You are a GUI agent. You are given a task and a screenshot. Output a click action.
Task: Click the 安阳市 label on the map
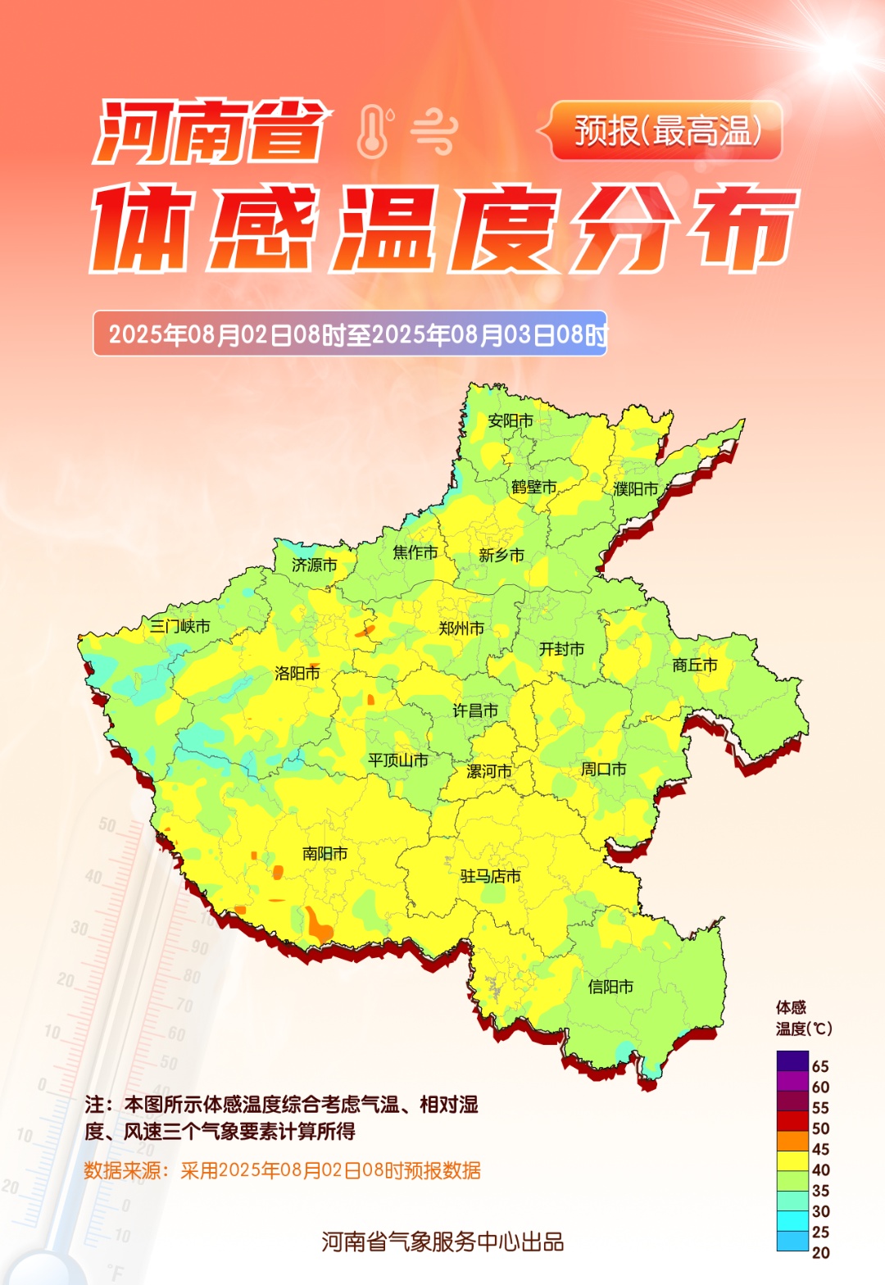click(x=511, y=421)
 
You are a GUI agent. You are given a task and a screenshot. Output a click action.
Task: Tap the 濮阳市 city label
click(x=636, y=489)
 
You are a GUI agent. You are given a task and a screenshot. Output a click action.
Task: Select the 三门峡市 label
click(x=180, y=627)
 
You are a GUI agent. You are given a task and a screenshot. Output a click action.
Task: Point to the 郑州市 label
click(x=461, y=629)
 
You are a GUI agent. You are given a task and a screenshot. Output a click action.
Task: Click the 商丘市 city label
click(x=695, y=665)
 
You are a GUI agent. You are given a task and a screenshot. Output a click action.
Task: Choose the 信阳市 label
click(x=610, y=988)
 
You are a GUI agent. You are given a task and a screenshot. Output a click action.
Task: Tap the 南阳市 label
click(x=324, y=854)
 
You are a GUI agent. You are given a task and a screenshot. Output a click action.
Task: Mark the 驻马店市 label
click(x=490, y=877)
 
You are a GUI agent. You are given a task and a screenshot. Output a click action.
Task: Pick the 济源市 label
click(x=315, y=565)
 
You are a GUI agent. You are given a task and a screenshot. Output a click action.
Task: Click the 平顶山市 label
click(x=398, y=761)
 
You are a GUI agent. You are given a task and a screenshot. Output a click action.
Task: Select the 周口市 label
click(x=604, y=770)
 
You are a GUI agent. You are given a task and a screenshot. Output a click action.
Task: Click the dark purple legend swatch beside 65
click(x=792, y=1061)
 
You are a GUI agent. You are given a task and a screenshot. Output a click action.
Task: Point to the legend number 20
click(x=820, y=1253)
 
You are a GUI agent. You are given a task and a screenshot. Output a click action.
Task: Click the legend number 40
click(x=820, y=1170)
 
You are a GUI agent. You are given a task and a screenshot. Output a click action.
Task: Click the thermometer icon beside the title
click(x=374, y=132)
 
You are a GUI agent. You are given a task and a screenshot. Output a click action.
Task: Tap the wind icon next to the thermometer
click(x=433, y=132)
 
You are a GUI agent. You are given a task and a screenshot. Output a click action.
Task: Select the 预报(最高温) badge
click(x=666, y=131)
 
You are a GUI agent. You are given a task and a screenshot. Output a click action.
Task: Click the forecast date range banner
click(x=350, y=334)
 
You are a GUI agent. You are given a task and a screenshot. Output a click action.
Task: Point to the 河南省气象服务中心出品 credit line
click(x=442, y=1242)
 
